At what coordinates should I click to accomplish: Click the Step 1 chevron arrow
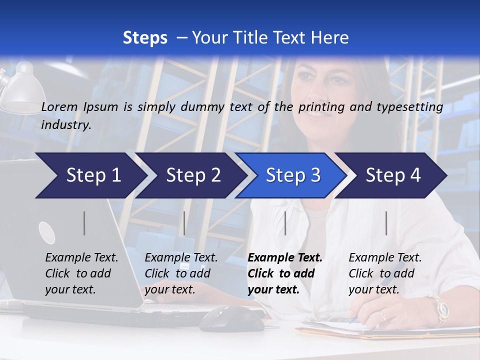[x=90, y=175]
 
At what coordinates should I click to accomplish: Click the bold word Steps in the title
[x=145, y=38]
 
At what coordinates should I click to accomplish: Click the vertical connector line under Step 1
[x=84, y=223]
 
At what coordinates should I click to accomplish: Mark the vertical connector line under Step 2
[x=184, y=223]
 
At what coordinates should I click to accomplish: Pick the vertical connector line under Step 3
[x=285, y=223]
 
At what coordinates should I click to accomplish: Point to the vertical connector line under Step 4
[x=386, y=223]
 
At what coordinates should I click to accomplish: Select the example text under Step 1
[x=81, y=273]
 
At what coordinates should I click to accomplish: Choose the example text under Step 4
[x=385, y=273]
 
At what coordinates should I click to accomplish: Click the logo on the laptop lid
[x=47, y=233]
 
